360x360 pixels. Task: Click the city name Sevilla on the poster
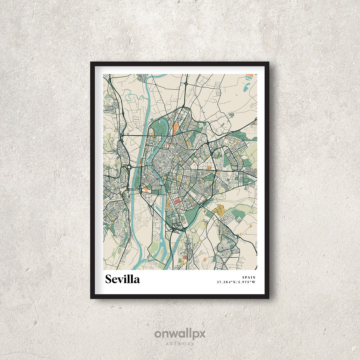coord(122,279)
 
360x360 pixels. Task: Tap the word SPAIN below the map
coord(249,277)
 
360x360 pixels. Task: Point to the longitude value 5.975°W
coord(247,282)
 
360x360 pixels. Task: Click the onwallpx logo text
coord(180,334)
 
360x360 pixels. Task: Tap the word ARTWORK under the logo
coord(180,344)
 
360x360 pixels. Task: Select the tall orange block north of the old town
coord(176,128)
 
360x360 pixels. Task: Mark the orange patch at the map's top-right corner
coord(249,76)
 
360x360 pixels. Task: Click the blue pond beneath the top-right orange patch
coord(246,88)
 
